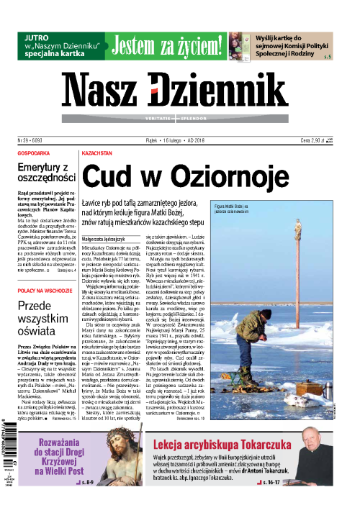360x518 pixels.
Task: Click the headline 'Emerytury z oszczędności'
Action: pos(46,172)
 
